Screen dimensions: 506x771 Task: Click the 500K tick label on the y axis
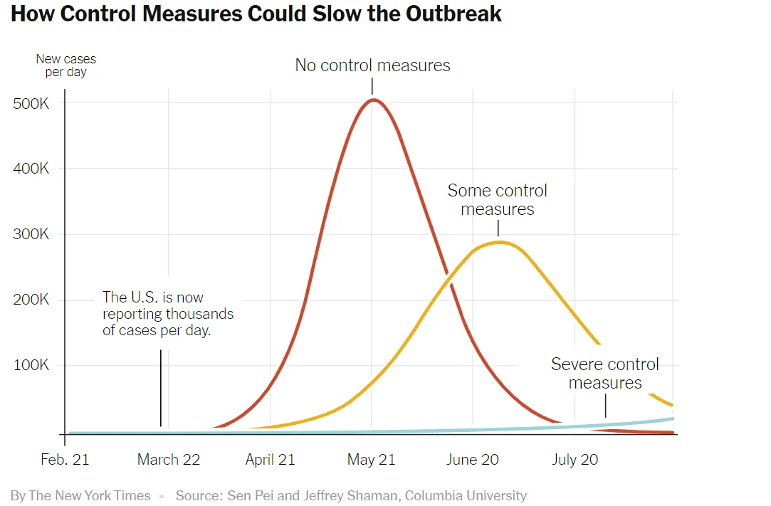pyautogui.click(x=31, y=104)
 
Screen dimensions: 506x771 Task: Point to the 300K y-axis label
pyautogui.click(x=31, y=235)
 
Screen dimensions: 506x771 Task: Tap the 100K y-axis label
pyautogui.click(x=31, y=366)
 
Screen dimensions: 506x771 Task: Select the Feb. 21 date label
pyautogui.click(x=65, y=460)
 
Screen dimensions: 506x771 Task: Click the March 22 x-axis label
pyautogui.click(x=168, y=460)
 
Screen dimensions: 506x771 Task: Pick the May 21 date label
pyautogui.click(x=371, y=460)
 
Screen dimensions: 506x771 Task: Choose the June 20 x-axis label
pyautogui.click(x=472, y=460)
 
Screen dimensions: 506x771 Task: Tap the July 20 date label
pyautogui.click(x=575, y=460)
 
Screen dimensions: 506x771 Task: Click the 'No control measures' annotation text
pyautogui.click(x=372, y=65)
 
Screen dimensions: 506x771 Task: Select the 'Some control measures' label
pyautogui.click(x=497, y=200)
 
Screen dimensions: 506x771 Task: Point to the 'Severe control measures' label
pyautogui.click(x=605, y=374)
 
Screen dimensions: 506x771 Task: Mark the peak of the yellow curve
pyautogui.click(x=500, y=242)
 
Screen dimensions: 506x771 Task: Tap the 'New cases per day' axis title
pyautogui.click(x=65, y=65)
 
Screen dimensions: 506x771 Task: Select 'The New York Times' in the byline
pyautogui.click(x=89, y=495)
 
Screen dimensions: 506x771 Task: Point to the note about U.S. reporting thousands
pyautogui.click(x=168, y=314)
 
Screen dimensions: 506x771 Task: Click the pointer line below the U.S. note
pyautogui.click(x=161, y=388)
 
